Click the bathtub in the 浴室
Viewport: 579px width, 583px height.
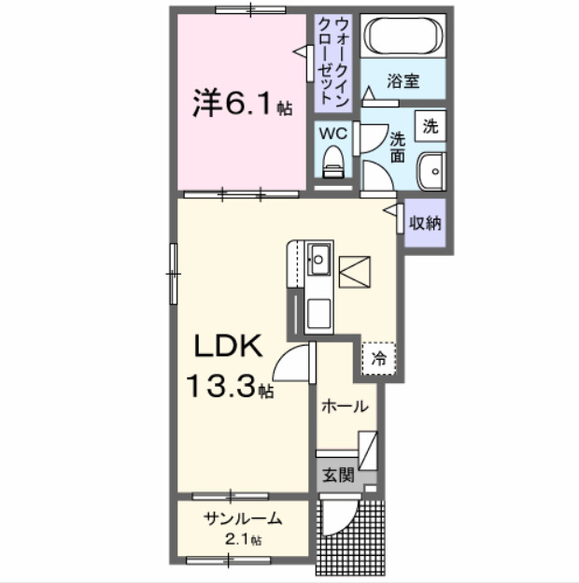402,38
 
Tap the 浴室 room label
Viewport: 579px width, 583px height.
403,82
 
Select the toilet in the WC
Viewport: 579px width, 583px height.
333,165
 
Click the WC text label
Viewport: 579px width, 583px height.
333,134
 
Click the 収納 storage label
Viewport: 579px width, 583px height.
426,223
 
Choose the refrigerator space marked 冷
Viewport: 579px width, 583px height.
378,357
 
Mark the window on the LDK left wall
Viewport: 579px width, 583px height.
173,272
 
